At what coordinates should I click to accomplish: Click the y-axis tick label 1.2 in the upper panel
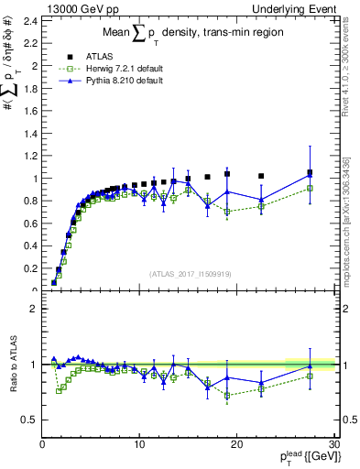[x=29, y=156]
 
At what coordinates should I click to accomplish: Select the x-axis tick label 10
[x=139, y=444]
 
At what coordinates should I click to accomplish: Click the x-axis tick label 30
[x=333, y=444]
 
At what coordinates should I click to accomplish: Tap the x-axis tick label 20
[x=236, y=444]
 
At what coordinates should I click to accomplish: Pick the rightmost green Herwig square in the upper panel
[x=310, y=188]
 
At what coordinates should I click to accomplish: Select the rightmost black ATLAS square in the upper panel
[x=310, y=172]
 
